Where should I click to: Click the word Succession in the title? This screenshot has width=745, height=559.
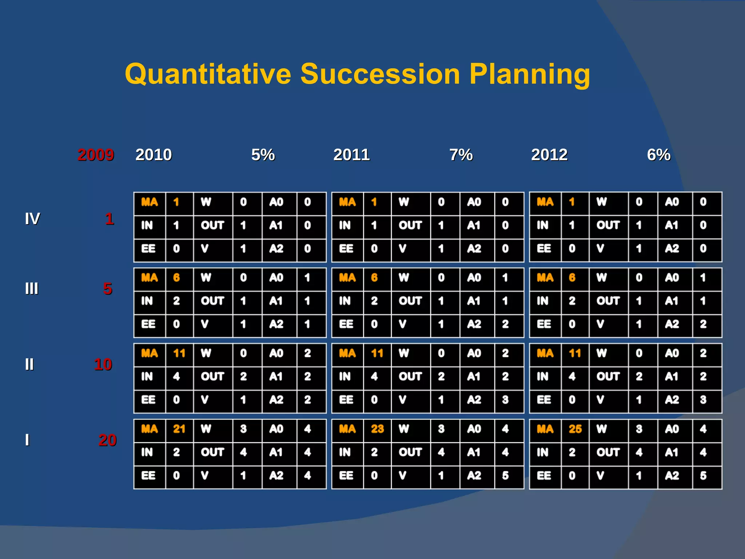click(380, 74)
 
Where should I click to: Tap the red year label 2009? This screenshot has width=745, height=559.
click(96, 155)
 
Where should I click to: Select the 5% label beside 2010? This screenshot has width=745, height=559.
click(263, 155)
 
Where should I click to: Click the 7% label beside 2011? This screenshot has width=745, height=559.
click(461, 155)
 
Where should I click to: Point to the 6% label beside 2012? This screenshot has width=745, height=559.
click(659, 155)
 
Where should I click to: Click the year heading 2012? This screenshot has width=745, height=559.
click(549, 155)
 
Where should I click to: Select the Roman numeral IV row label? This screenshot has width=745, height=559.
click(32, 219)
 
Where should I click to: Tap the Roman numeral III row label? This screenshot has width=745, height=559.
click(32, 289)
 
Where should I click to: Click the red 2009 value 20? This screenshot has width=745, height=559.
click(107, 440)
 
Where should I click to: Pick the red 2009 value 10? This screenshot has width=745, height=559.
click(103, 365)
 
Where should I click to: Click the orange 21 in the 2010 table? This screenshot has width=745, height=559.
click(179, 429)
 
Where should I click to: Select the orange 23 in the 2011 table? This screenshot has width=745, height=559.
click(377, 429)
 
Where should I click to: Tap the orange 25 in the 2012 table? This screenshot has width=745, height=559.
click(575, 429)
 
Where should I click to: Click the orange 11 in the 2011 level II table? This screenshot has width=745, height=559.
click(377, 353)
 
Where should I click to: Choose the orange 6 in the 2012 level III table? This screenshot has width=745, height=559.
click(572, 278)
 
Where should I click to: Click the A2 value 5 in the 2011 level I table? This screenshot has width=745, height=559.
click(505, 475)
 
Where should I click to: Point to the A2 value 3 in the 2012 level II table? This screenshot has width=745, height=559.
click(703, 400)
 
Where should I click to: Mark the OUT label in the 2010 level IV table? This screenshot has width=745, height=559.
click(212, 225)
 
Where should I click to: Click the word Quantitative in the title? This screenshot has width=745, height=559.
click(208, 74)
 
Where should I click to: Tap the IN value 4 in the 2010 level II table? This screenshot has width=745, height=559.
click(176, 376)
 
